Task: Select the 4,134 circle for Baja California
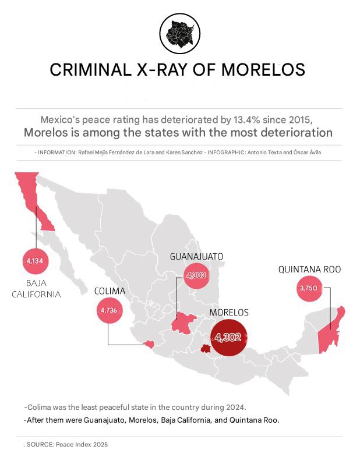(34, 261)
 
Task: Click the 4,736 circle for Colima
(109, 310)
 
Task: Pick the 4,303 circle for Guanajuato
(196, 275)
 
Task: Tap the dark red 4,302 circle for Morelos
(228, 337)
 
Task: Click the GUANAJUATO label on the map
(196, 256)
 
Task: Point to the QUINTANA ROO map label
(309, 270)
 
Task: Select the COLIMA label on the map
(110, 291)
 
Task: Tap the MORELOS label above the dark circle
(228, 313)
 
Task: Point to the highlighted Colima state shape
(149, 344)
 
